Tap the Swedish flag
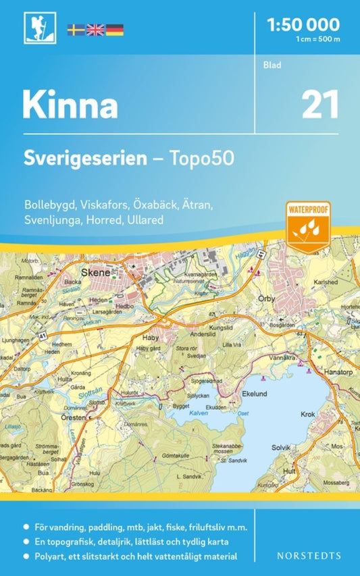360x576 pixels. (x=76, y=29)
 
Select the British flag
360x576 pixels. (x=95, y=29)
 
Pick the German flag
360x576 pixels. (x=114, y=29)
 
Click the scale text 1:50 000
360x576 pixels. (x=303, y=26)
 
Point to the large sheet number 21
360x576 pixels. (x=319, y=105)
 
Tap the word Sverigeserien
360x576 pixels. (x=85, y=159)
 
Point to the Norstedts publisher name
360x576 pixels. (x=309, y=556)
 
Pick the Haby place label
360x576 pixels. (x=149, y=336)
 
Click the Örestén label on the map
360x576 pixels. (x=74, y=418)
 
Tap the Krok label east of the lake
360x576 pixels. (x=308, y=414)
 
